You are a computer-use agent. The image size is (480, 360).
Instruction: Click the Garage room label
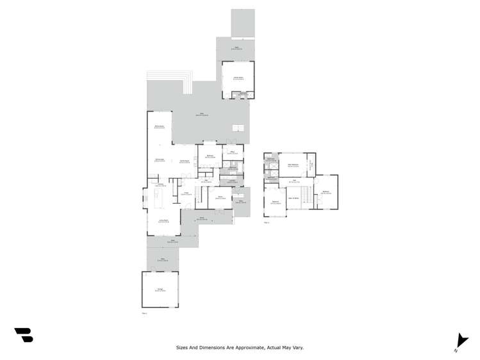[160, 290]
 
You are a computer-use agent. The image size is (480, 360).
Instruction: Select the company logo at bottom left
[24, 334]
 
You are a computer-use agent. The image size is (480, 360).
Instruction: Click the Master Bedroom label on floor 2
[294, 165]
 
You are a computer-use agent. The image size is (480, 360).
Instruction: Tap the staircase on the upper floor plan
[306, 195]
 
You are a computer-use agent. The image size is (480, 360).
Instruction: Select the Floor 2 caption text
[267, 222]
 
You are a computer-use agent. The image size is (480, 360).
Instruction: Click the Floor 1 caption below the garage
[144, 313]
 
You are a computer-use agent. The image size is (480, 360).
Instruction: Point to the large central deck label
[201, 115]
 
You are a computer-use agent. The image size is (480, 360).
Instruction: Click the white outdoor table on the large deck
[238, 126]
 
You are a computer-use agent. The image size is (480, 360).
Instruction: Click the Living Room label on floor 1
[163, 221]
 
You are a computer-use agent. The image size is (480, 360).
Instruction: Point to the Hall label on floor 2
[295, 180]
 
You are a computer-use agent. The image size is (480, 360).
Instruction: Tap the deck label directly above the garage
[163, 259]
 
